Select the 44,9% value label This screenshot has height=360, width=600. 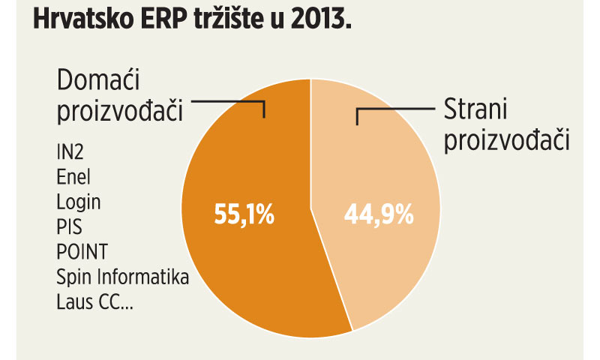tap(379, 216)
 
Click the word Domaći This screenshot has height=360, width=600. tap(103, 82)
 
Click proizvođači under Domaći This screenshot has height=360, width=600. tap(120, 112)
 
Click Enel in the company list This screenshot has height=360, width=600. tap(73, 178)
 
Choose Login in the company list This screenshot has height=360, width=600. tap(78, 202)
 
